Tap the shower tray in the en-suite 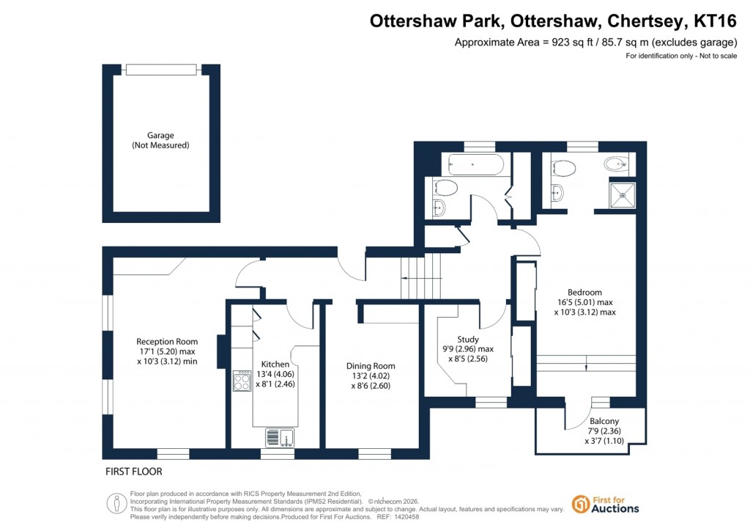coord(623,194)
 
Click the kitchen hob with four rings coord(242,380)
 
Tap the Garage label coord(160,136)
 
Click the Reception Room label coord(167,341)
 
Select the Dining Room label coord(371,366)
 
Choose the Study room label coord(468,340)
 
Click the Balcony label coord(604,422)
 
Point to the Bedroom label coord(584,292)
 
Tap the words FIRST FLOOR coord(134,472)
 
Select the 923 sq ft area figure coord(560,42)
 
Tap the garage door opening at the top coord(161,70)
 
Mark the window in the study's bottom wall coord(491,402)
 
